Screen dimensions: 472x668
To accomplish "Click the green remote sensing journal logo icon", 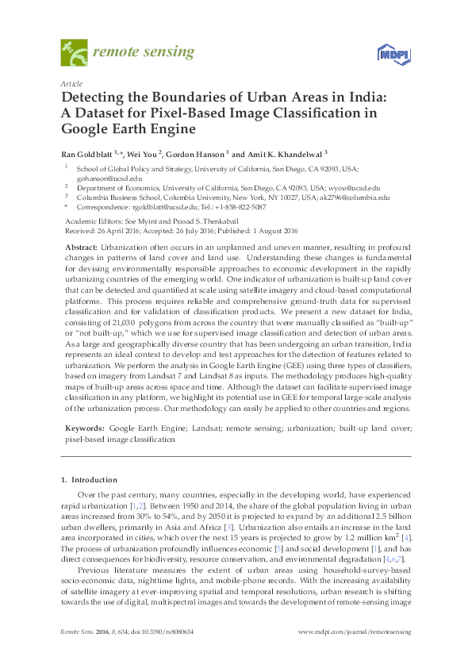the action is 74,53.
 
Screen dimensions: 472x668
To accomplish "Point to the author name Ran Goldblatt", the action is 87,154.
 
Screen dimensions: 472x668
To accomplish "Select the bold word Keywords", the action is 84,427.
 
